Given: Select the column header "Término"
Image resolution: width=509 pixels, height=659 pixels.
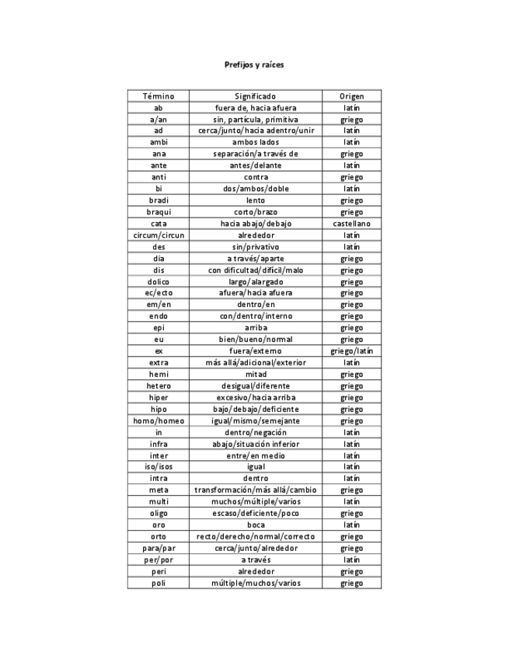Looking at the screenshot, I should point(159,96).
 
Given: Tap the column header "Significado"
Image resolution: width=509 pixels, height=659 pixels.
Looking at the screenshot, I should point(255,96).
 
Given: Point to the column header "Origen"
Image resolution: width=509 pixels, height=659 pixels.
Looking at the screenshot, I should point(351,96).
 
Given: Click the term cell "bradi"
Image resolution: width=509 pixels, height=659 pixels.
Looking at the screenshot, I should point(159,200).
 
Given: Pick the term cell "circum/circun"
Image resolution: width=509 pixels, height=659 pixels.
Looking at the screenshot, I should point(159,235).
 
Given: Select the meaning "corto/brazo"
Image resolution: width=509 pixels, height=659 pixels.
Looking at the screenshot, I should point(255,212).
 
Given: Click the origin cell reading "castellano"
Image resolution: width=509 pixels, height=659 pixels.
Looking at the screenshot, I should point(351,224).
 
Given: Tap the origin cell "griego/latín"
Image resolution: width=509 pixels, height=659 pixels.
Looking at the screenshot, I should point(351,351).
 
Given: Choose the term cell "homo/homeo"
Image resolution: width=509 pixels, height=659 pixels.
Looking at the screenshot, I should point(159,420).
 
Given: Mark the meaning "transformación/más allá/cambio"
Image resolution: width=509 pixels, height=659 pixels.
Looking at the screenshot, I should point(255,490).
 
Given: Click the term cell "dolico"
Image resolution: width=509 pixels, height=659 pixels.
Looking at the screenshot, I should point(159,281).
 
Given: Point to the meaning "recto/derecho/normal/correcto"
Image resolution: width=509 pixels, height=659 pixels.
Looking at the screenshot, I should point(255,536).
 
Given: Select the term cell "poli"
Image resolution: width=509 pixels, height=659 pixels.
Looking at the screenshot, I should point(159,583).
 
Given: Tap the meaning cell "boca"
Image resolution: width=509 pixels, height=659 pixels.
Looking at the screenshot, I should point(255,525).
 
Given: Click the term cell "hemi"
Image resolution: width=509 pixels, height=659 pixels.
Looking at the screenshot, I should point(159,375).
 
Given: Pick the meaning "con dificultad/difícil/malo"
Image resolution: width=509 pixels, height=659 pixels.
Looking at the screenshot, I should point(255,270).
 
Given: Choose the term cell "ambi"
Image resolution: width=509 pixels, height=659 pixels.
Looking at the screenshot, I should point(159,142).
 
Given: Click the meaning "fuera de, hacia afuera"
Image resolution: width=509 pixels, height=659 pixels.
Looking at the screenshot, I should point(255,108).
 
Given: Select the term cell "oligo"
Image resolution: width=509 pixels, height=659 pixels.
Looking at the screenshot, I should point(159,513).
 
